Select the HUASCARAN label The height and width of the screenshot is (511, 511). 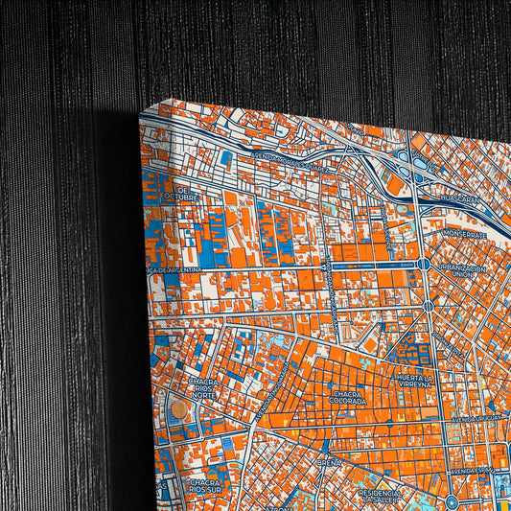click(463, 198)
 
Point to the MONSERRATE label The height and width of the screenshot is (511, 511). click(465, 234)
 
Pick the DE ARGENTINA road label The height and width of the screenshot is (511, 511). click(175, 271)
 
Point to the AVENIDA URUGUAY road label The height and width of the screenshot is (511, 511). click(476, 419)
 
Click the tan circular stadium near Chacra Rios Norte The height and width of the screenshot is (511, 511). click(179, 409)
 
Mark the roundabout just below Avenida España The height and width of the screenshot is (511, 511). click(452, 500)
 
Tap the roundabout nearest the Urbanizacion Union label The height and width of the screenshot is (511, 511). click(429, 305)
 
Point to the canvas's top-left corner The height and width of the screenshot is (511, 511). click(140, 112)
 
